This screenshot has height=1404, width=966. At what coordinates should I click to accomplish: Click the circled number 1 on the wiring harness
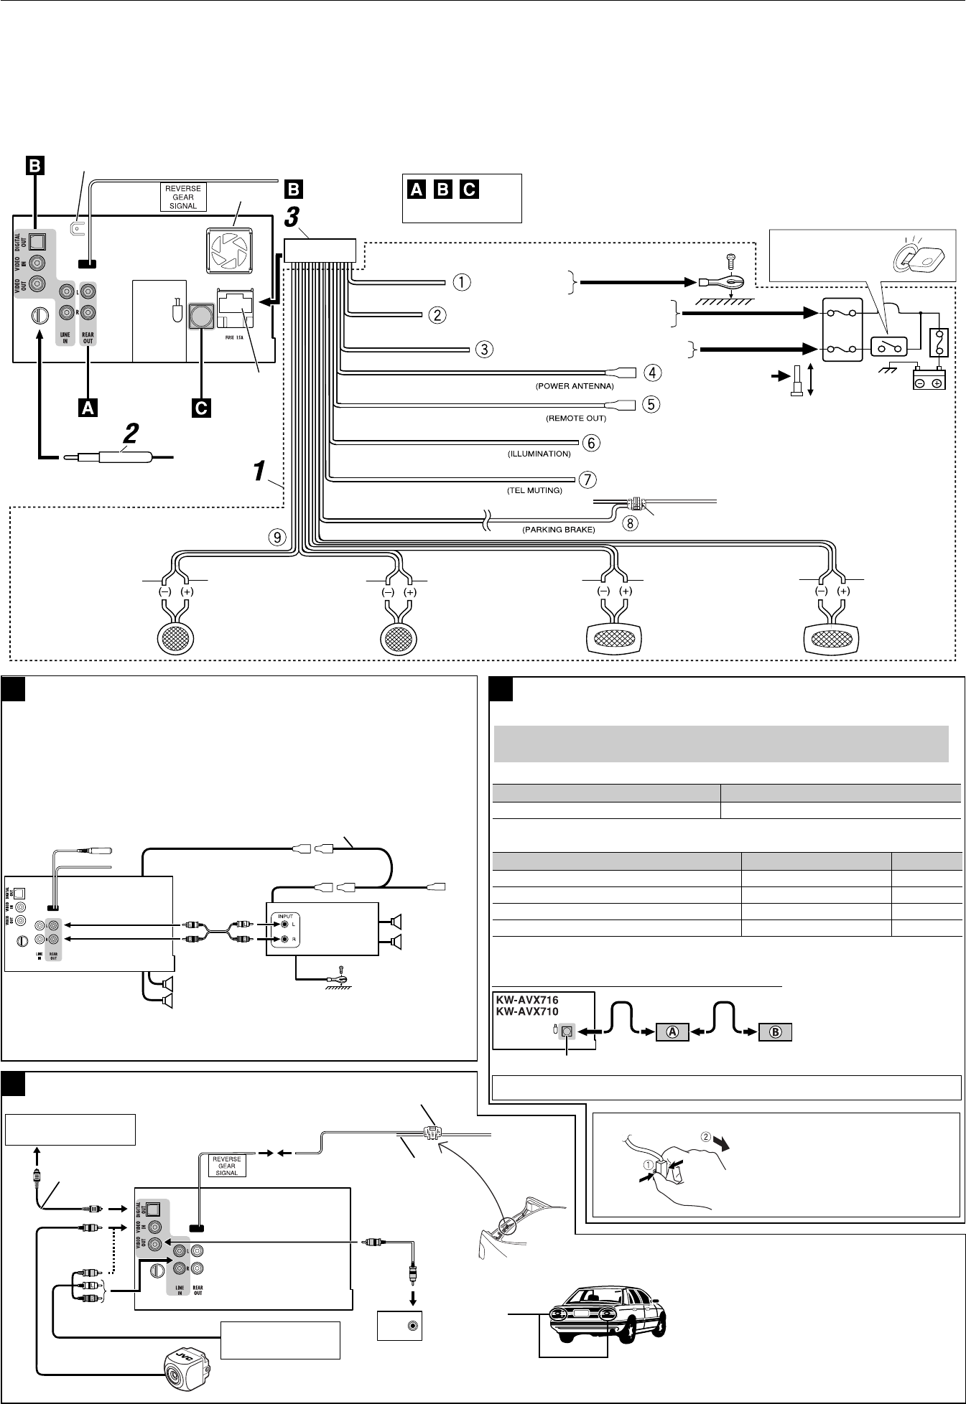(461, 282)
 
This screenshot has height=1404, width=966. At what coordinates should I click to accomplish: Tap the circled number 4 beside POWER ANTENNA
(652, 373)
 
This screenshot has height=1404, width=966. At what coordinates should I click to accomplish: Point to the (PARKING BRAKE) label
(558, 530)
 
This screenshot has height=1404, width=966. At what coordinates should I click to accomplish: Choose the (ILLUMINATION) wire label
(539, 454)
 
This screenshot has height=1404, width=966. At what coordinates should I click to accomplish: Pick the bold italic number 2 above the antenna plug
(130, 434)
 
